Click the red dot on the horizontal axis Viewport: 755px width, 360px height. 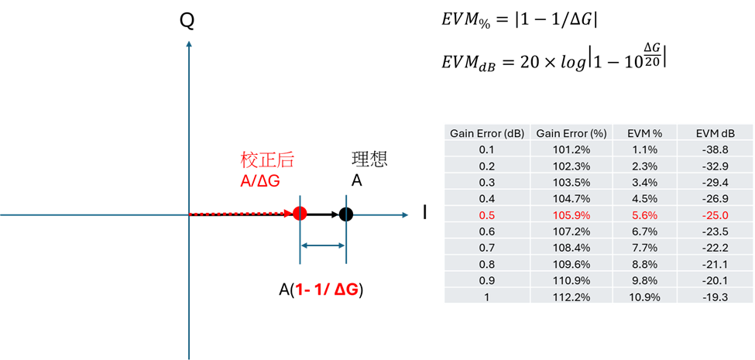click(x=300, y=214)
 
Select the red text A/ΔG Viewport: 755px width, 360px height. click(x=259, y=180)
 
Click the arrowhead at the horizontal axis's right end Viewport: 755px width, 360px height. click(x=404, y=214)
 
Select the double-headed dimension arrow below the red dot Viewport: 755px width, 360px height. click(x=323, y=245)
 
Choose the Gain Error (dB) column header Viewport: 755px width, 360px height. click(x=487, y=133)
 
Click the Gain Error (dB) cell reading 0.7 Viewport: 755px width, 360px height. click(x=487, y=247)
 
